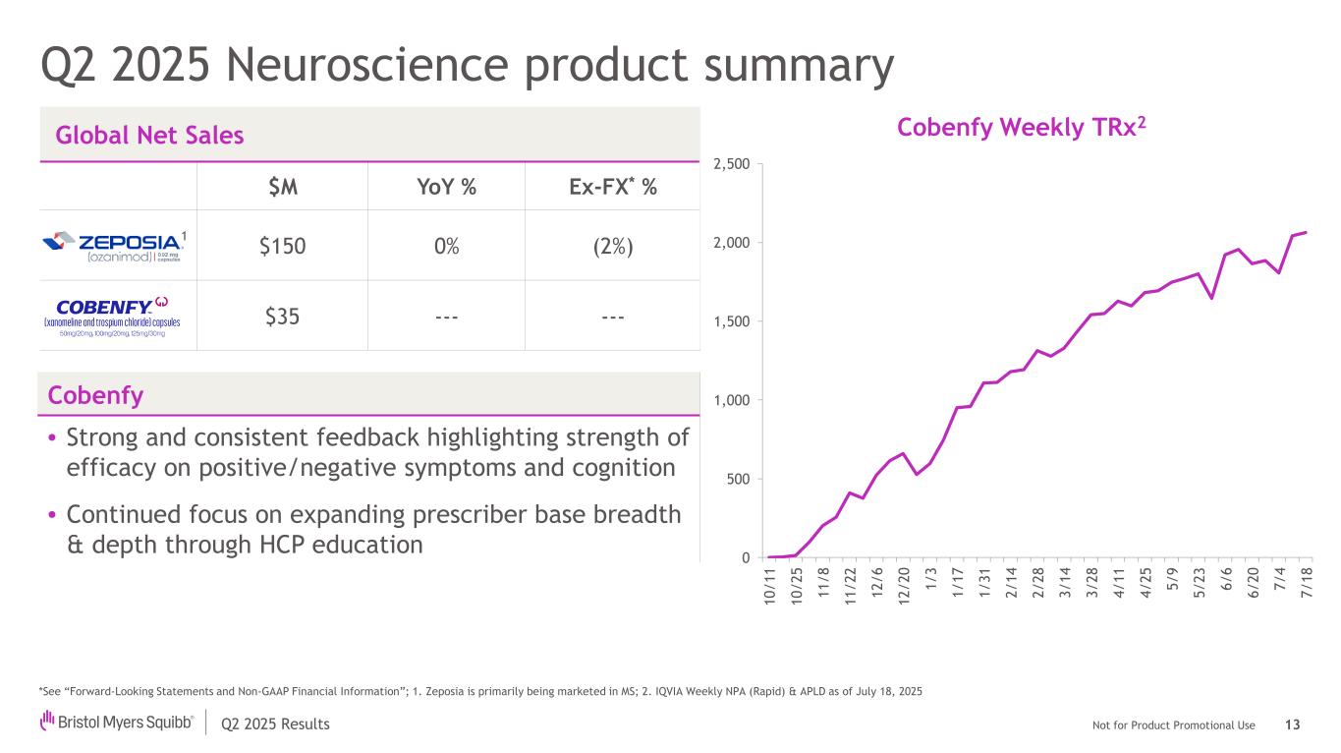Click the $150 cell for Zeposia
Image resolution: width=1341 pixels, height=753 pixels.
(x=282, y=246)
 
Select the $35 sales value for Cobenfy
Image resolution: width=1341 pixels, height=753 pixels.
(x=282, y=317)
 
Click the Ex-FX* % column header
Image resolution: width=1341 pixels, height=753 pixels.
(x=613, y=187)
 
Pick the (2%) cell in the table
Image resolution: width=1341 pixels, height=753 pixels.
(x=613, y=246)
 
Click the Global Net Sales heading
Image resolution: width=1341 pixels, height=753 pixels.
(x=149, y=136)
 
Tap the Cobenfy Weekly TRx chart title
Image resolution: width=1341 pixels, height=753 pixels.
(x=1022, y=128)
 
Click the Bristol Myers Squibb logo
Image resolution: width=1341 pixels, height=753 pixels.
(x=117, y=724)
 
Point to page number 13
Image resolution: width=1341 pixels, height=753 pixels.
(x=1292, y=725)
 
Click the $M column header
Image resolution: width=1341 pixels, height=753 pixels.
(x=282, y=187)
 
